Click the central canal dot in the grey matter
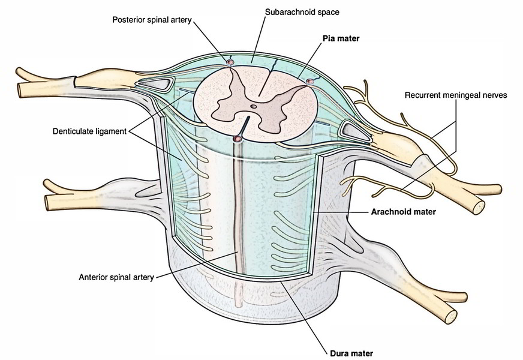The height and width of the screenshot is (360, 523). tap(254, 107)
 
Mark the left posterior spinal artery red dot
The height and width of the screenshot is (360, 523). tap(230, 62)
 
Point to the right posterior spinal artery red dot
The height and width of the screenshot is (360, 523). tap(309, 81)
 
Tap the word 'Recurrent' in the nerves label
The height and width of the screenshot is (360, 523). tap(422, 95)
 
